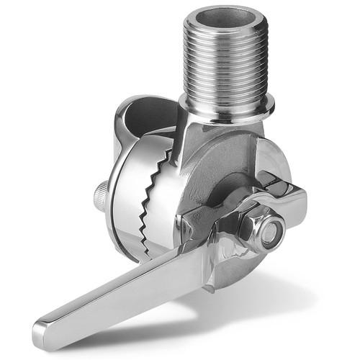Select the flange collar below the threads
coord(229,108)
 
